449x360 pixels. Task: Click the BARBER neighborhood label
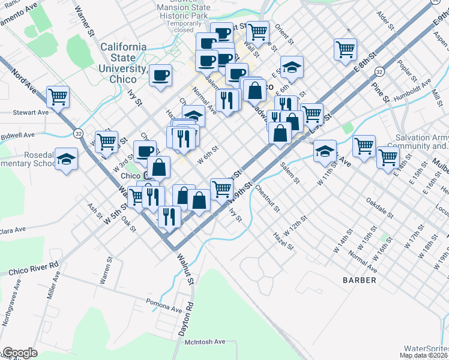[360, 280]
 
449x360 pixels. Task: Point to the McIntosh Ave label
[205, 341]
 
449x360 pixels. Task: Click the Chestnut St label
[267, 199]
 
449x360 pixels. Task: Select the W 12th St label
[295, 229]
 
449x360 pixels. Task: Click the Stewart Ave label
[31, 112]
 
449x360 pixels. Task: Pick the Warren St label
[106, 271]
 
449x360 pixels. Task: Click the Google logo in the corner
[19, 353]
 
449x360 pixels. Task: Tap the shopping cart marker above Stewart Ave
[58, 95]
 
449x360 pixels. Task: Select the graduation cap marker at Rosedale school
[66, 158]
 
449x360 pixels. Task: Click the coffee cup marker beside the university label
[160, 74]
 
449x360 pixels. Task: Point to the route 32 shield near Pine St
[379, 71]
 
